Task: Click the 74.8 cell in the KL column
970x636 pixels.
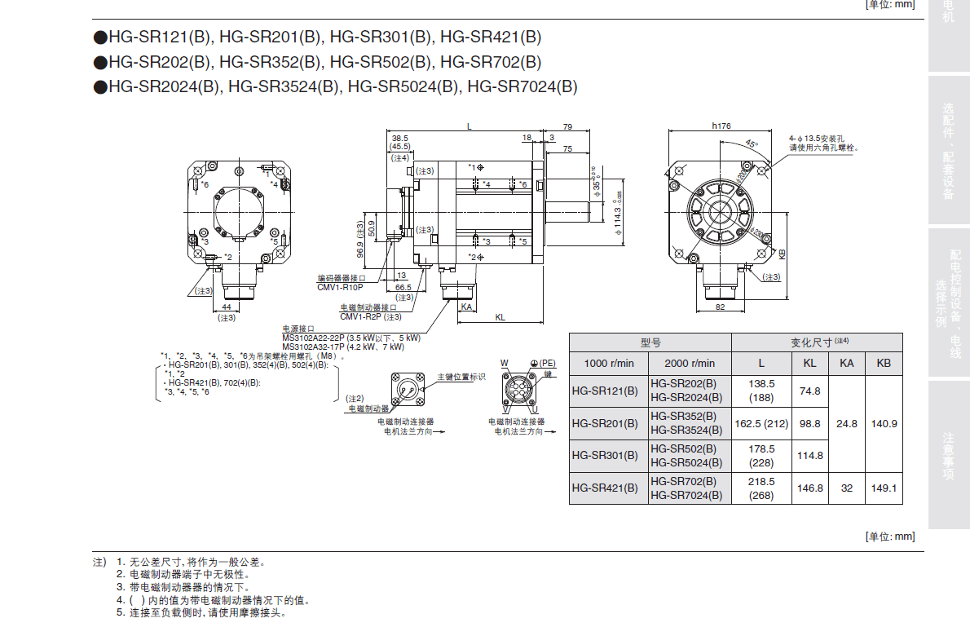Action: (809, 391)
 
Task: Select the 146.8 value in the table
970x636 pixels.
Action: (809, 488)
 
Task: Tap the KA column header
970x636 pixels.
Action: (847, 363)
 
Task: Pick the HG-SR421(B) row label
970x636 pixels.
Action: (605, 488)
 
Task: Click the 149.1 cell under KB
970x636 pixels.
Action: (884, 488)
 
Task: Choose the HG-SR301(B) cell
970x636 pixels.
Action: (605, 456)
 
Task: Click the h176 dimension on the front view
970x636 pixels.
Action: (721, 126)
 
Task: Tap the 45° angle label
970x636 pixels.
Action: (751, 144)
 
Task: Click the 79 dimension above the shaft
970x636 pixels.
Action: (567, 126)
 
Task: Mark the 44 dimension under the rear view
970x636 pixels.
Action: (227, 307)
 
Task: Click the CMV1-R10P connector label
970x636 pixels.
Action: (340, 287)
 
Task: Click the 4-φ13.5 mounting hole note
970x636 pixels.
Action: (823, 139)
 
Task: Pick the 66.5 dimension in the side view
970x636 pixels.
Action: (403, 288)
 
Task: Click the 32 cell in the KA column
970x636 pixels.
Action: (847, 488)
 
